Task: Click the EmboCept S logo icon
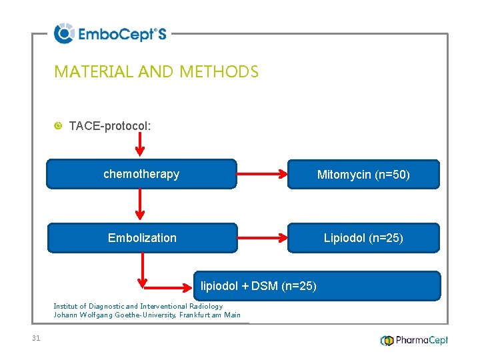coord(63,33)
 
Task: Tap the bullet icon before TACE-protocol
coord(58,125)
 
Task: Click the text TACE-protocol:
coord(110,125)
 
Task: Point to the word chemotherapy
coord(141,174)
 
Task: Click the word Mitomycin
coord(344,175)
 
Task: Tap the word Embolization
coord(142,238)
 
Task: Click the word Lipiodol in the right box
coord(345,238)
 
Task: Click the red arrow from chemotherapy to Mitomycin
coord(261,175)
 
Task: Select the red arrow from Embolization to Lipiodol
coord(261,237)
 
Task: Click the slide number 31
coord(36,338)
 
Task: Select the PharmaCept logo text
coord(421,340)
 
